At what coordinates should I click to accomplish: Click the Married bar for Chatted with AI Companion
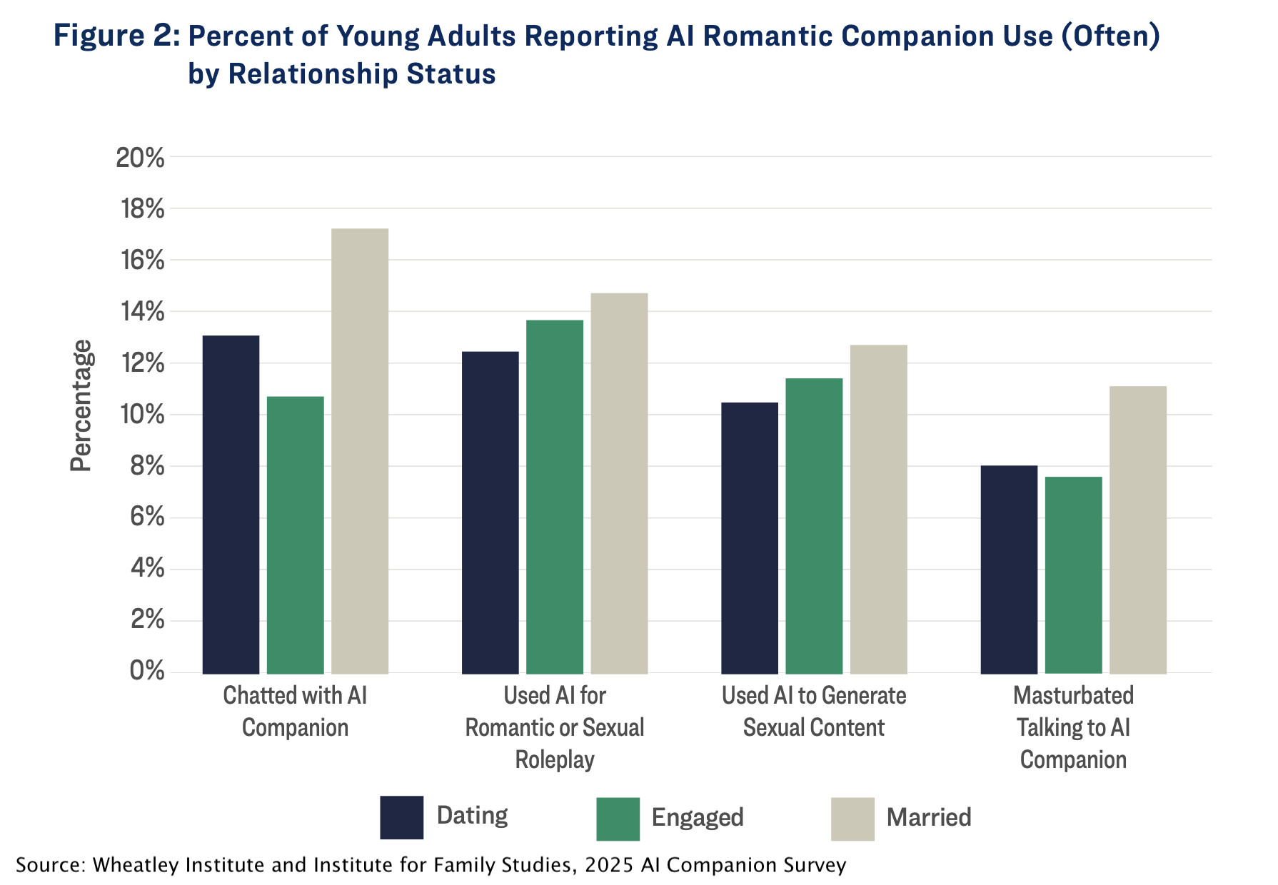pyautogui.click(x=360, y=451)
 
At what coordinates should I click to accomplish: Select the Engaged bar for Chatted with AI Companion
pyautogui.click(x=296, y=535)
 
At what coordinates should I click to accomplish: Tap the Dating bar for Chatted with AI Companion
pyautogui.click(x=231, y=505)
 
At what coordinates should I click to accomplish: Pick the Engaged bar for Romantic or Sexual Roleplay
pyautogui.click(x=555, y=497)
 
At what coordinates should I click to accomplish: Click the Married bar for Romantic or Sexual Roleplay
pyautogui.click(x=619, y=483)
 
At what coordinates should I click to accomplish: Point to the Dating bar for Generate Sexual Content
pyautogui.click(x=750, y=538)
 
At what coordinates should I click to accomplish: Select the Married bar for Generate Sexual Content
pyautogui.click(x=879, y=510)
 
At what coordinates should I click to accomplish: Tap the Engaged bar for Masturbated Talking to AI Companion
pyautogui.click(x=1074, y=575)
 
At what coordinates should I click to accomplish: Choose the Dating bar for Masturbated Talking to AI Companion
pyautogui.click(x=1009, y=570)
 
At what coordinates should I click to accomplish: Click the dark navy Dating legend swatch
pyautogui.click(x=402, y=817)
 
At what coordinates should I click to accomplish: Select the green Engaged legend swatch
pyautogui.click(x=618, y=819)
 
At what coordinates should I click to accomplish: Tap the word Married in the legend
pyautogui.click(x=929, y=817)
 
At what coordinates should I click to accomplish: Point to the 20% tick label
pyautogui.click(x=141, y=158)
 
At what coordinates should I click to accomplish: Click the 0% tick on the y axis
pyautogui.click(x=148, y=672)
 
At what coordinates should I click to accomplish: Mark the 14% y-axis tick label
pyautogui.click(x=141, y=312)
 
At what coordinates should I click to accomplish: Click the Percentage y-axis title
pyautogui.click(x=81, y=405)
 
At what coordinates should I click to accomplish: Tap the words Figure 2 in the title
pyautogui.click(x=117, y=36)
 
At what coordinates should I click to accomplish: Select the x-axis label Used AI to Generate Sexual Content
pyautogui.click(x=814, y=711)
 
